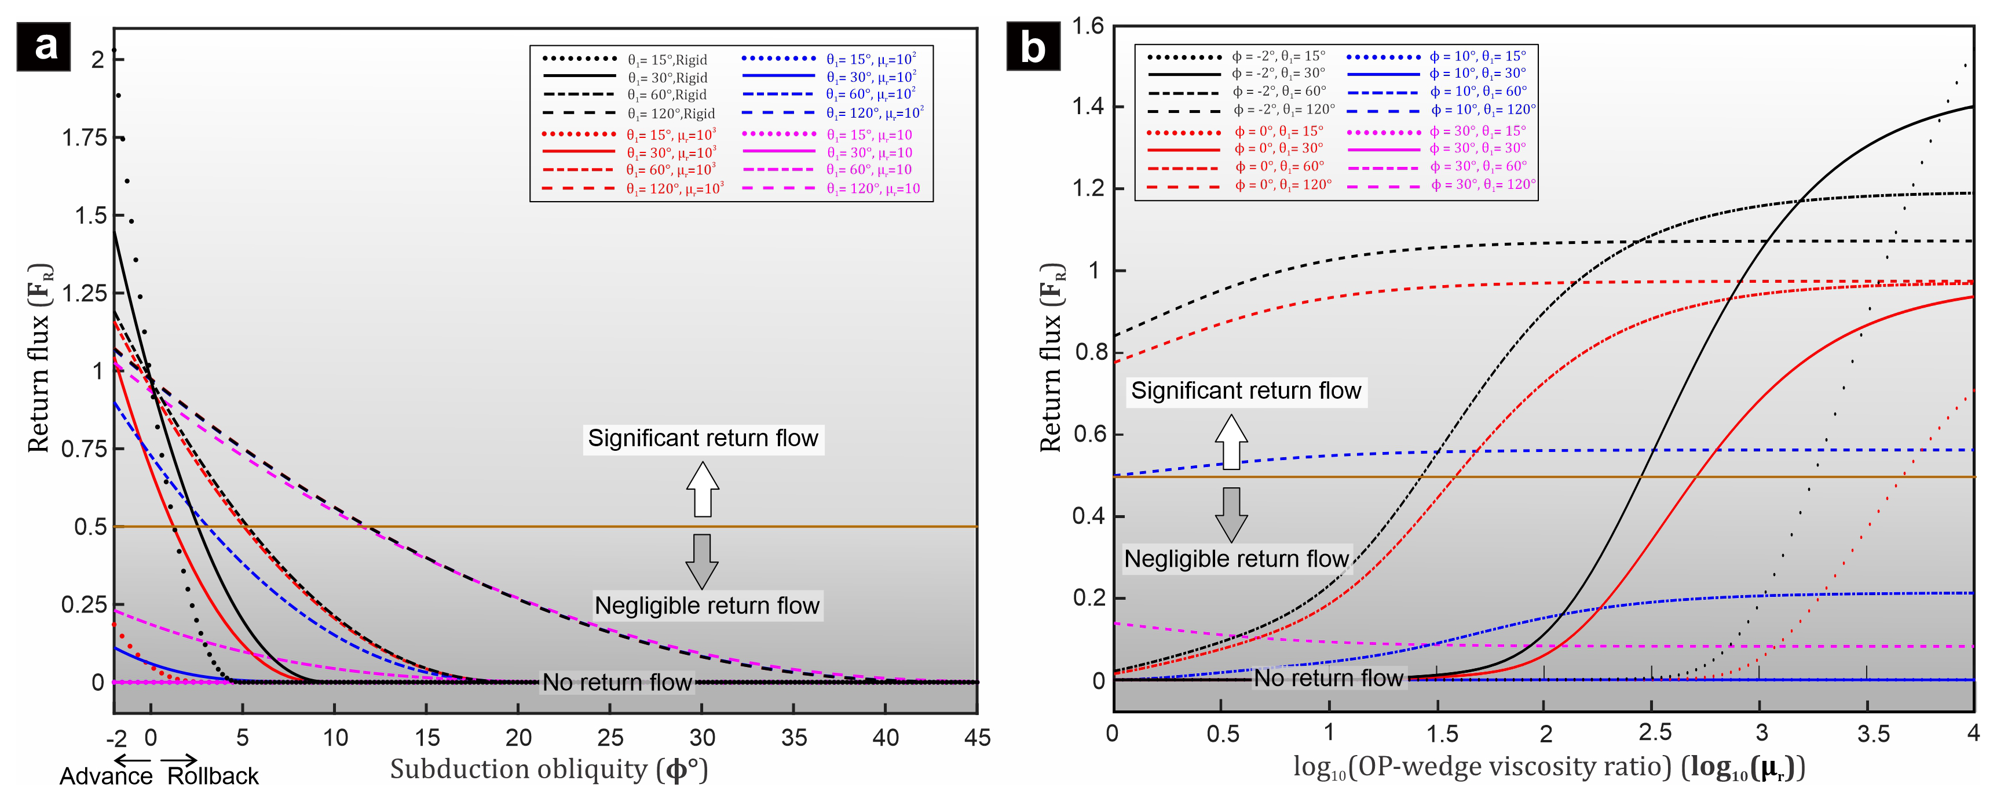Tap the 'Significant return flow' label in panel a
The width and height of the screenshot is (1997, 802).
pos(703,438)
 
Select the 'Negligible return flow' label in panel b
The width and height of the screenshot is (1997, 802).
pos(1237,559)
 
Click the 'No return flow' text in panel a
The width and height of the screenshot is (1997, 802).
pos(616,683)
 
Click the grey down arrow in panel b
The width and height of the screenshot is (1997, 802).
pos(1231,513)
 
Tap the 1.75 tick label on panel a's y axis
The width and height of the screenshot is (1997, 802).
pos(84,138)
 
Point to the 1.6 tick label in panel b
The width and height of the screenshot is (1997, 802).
pos(1088,27)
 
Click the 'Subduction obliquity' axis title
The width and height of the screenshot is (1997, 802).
pos(549,770)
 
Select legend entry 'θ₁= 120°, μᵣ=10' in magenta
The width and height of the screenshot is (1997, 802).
pos(873,188)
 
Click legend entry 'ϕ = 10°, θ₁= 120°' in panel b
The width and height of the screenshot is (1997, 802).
pos(1482,110)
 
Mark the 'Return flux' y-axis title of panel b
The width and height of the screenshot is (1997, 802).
pos(1052,357)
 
